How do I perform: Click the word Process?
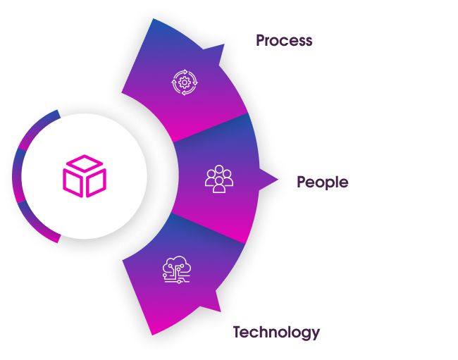tap(284, 40)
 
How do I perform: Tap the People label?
tap(322, 182)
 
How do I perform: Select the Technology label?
tap(277, 332)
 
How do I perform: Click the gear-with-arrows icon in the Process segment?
tap(184, 82)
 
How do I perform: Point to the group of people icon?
tap(218, 179)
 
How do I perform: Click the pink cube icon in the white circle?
tap(84, 175)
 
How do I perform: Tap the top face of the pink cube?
tap(84, 164)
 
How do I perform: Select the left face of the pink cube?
tap(73, 182)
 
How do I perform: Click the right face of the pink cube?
tap(95, 182)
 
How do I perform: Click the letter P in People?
tap(302, 182)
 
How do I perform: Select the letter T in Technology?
tap(238, 331)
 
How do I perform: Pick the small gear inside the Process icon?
tap(184, 82)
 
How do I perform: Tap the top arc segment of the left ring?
tap(39, 126)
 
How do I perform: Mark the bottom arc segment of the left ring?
tap(39, 225)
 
